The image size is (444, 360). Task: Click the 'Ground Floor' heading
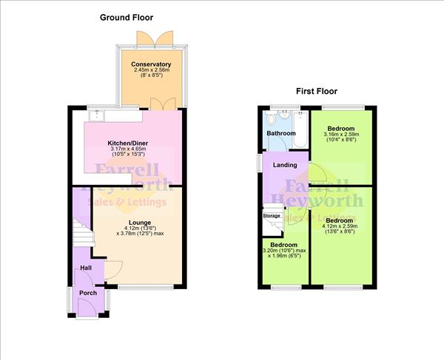[x=127, y=17]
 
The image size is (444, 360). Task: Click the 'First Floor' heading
[x=317, y=92]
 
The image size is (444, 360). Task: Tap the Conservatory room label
[x=151, y=65]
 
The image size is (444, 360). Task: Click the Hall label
[x=86, y=268]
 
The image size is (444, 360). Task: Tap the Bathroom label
[x=281, y=134]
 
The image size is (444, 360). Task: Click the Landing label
[x=285, y=165]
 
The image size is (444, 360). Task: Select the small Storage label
[x=272, y=217]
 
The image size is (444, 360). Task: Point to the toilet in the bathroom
[x=271, y=118]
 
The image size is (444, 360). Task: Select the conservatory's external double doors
[x=163, y=36]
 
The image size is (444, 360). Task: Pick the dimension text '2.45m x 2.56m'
[x=151, y=72]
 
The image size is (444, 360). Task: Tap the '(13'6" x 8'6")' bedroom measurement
[x=339, y=231]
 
